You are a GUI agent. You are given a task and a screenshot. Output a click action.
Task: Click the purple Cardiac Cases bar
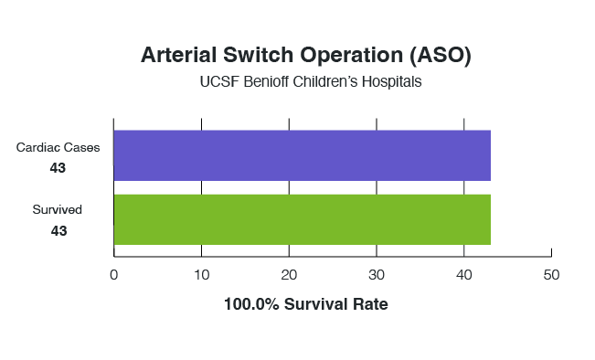[x=302, y=155]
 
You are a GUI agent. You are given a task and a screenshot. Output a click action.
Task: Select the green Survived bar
[x=302, y=219]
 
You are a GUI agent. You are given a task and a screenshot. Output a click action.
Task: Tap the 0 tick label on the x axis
[x=113, y=275]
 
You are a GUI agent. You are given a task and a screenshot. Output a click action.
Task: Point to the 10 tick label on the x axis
[x=201, y=275]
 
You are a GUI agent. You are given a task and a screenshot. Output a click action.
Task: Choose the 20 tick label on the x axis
[x=289, y=275]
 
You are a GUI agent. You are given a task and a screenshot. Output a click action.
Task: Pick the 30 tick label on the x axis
[x=376, y=275]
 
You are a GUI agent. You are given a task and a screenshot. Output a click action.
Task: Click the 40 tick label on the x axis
[x=463, y=275]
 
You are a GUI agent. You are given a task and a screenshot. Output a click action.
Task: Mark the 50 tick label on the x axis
[x=551, y=275]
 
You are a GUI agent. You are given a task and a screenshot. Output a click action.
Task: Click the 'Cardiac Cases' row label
[x=64, y=147]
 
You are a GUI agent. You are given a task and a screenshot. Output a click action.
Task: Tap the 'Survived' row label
[x=58, y=210]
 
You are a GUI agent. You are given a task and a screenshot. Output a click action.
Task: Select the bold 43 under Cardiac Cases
[x=58, y=168]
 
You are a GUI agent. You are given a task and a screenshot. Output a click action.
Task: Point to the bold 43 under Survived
[x=58, y=231]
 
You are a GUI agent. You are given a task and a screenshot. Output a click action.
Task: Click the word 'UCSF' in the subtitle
[x=218, y=82]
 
